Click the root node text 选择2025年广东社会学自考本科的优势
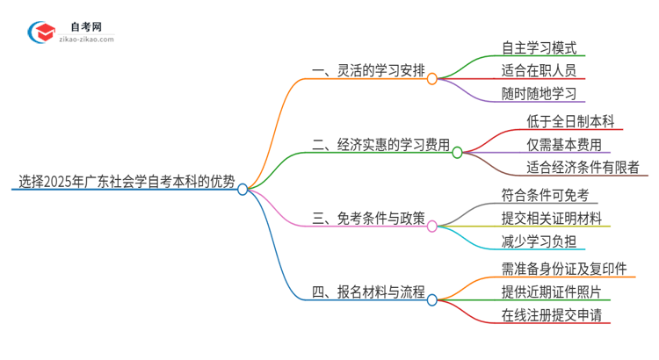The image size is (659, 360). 127,182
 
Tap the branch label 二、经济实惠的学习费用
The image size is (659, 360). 380,144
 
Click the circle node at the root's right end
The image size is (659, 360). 243,189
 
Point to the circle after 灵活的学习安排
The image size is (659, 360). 432,79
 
